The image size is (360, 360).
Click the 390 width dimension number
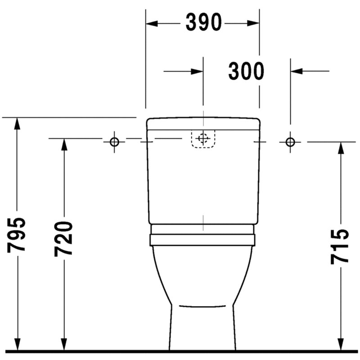[204, 22]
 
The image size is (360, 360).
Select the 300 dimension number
[246, 71]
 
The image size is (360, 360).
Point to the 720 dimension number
[63, 239]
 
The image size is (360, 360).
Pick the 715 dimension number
[340, 247]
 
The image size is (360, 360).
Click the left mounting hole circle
[114, 142]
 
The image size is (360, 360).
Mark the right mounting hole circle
[290, 142]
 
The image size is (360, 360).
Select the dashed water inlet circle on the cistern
[203, 138]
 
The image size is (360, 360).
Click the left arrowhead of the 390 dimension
[152, 23]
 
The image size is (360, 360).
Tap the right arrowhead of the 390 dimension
[253, 23]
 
